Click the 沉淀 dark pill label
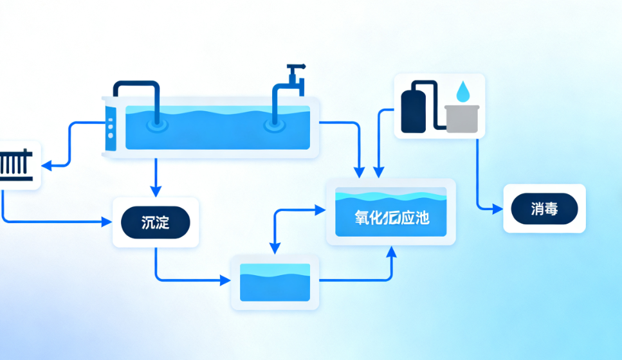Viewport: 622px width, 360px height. pos(156,222)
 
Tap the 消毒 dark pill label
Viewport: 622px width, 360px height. pos(544,209)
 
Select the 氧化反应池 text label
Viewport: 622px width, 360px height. pos(391,217)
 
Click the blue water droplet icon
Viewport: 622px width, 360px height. pos(463,91)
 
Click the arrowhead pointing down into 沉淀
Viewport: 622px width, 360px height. pos(156,192)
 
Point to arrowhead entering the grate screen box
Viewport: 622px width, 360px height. pos(47,165)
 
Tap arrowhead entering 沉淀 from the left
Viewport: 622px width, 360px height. pos(107,222)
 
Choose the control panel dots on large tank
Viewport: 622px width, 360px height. pos(110,127)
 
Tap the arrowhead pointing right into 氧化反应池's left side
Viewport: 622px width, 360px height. pos(322,209)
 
